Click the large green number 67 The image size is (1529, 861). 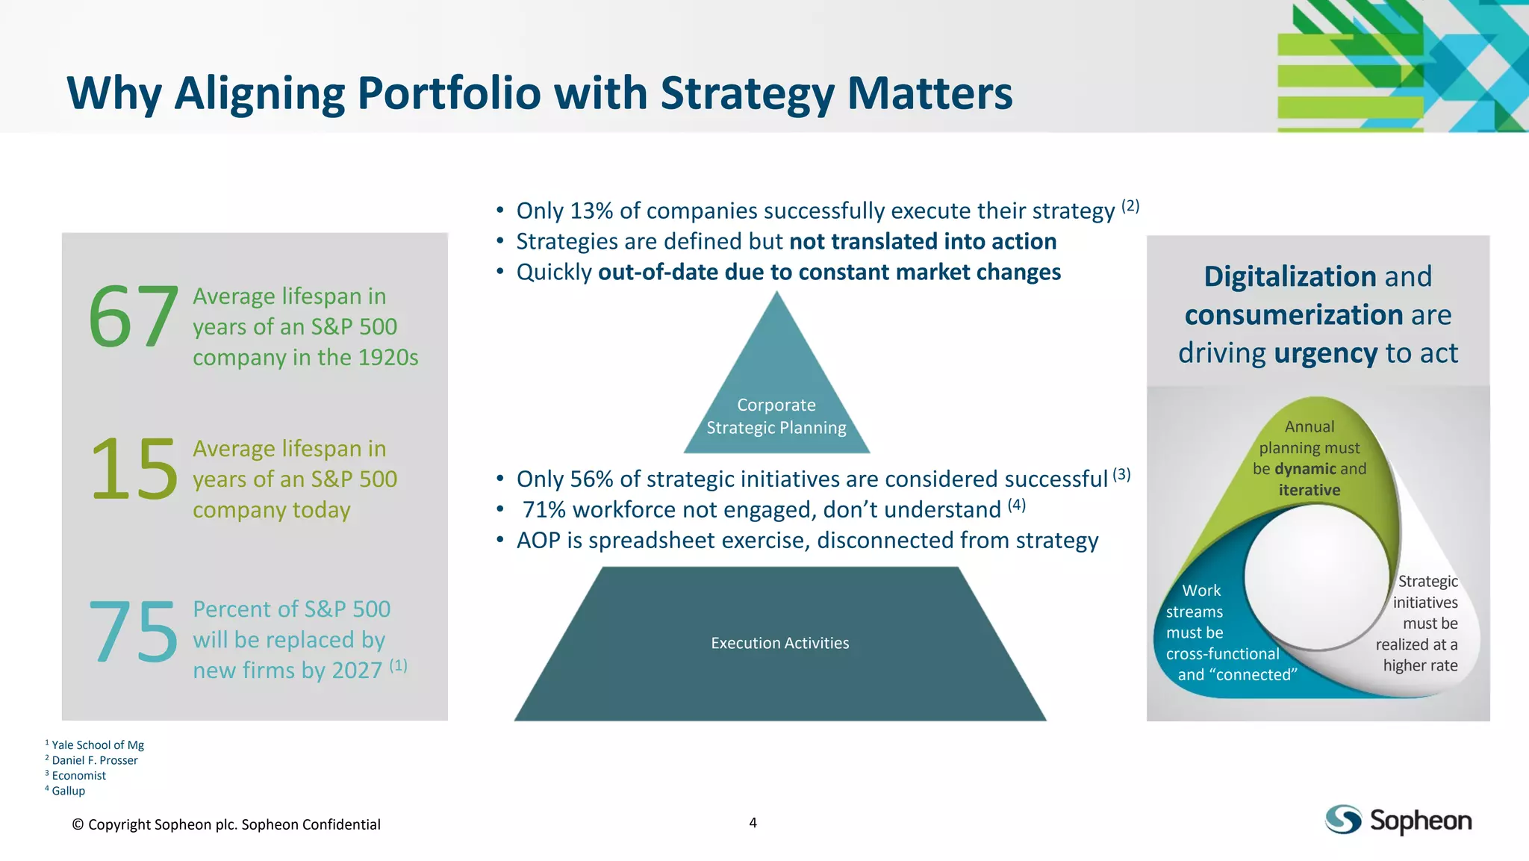[134, 318]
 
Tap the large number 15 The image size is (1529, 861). [134, 470]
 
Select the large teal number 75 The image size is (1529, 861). [134, 632]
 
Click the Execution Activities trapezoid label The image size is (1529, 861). [780, 643]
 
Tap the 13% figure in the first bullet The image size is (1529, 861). [591, 211]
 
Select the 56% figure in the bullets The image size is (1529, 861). [591, 479]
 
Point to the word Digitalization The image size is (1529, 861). [1290, 277]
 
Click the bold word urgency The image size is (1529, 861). [1325, 353]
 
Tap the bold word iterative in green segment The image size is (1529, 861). [1309, 491]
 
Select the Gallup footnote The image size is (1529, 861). [68, 791]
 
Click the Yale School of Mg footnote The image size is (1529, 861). [97, 745]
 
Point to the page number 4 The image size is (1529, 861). [753, 823]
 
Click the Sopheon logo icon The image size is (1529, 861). [1343, 820]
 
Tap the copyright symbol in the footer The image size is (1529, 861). [78, 825]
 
